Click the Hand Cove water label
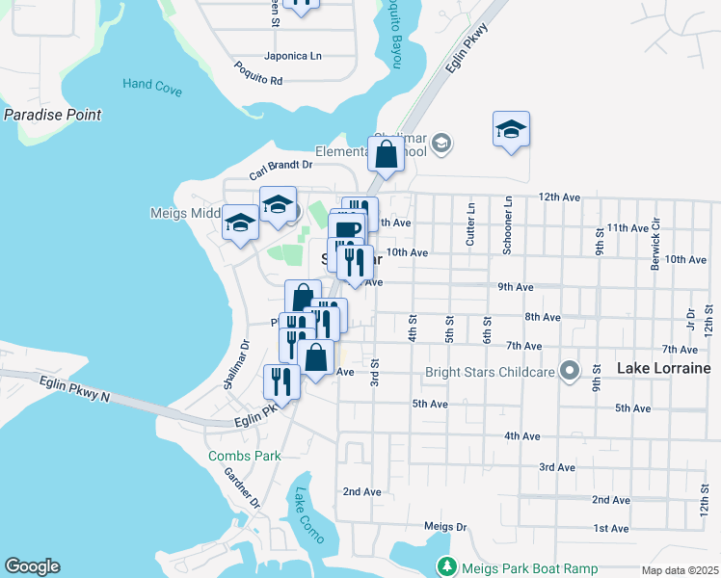(152, 85)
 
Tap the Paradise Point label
(52, 115)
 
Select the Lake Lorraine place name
(663, 369)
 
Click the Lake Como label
(310, 516)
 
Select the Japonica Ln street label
(292, 56)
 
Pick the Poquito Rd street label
(258, 73)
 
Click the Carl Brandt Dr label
(280, 170)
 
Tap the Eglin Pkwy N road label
(76, 389)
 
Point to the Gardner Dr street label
(243, 487)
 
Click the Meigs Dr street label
(445, 527)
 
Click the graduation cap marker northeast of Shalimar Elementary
(511, 129)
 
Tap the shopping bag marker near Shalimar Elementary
(386, 154)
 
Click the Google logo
(32, 566)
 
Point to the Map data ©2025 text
(679, 570)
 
